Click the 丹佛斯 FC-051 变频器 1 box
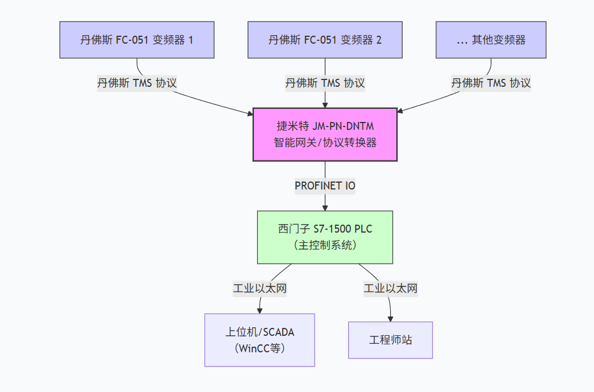tap(137, 40)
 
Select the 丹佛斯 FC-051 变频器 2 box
tap(325, 40)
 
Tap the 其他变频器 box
tap(491, 40)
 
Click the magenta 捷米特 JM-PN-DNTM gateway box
tap(325, 134)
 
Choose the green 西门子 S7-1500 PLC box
tap(325, 237)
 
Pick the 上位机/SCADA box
tap(260, 340)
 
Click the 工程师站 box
tap(390, 340)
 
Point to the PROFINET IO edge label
tap(325, 186)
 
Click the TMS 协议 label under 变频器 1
tap(137, 83)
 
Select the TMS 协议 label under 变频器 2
tap(325, 83)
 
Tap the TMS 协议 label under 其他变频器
tap(491, 83)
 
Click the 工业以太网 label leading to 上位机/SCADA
tap(260, 288)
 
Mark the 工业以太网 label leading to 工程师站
tap(390, 288)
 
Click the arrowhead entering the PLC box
tap(325, 207)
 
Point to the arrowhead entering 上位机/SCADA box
tap(260, 310)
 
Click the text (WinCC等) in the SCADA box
tap(260, 348)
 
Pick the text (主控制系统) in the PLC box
tap(325, 245)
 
